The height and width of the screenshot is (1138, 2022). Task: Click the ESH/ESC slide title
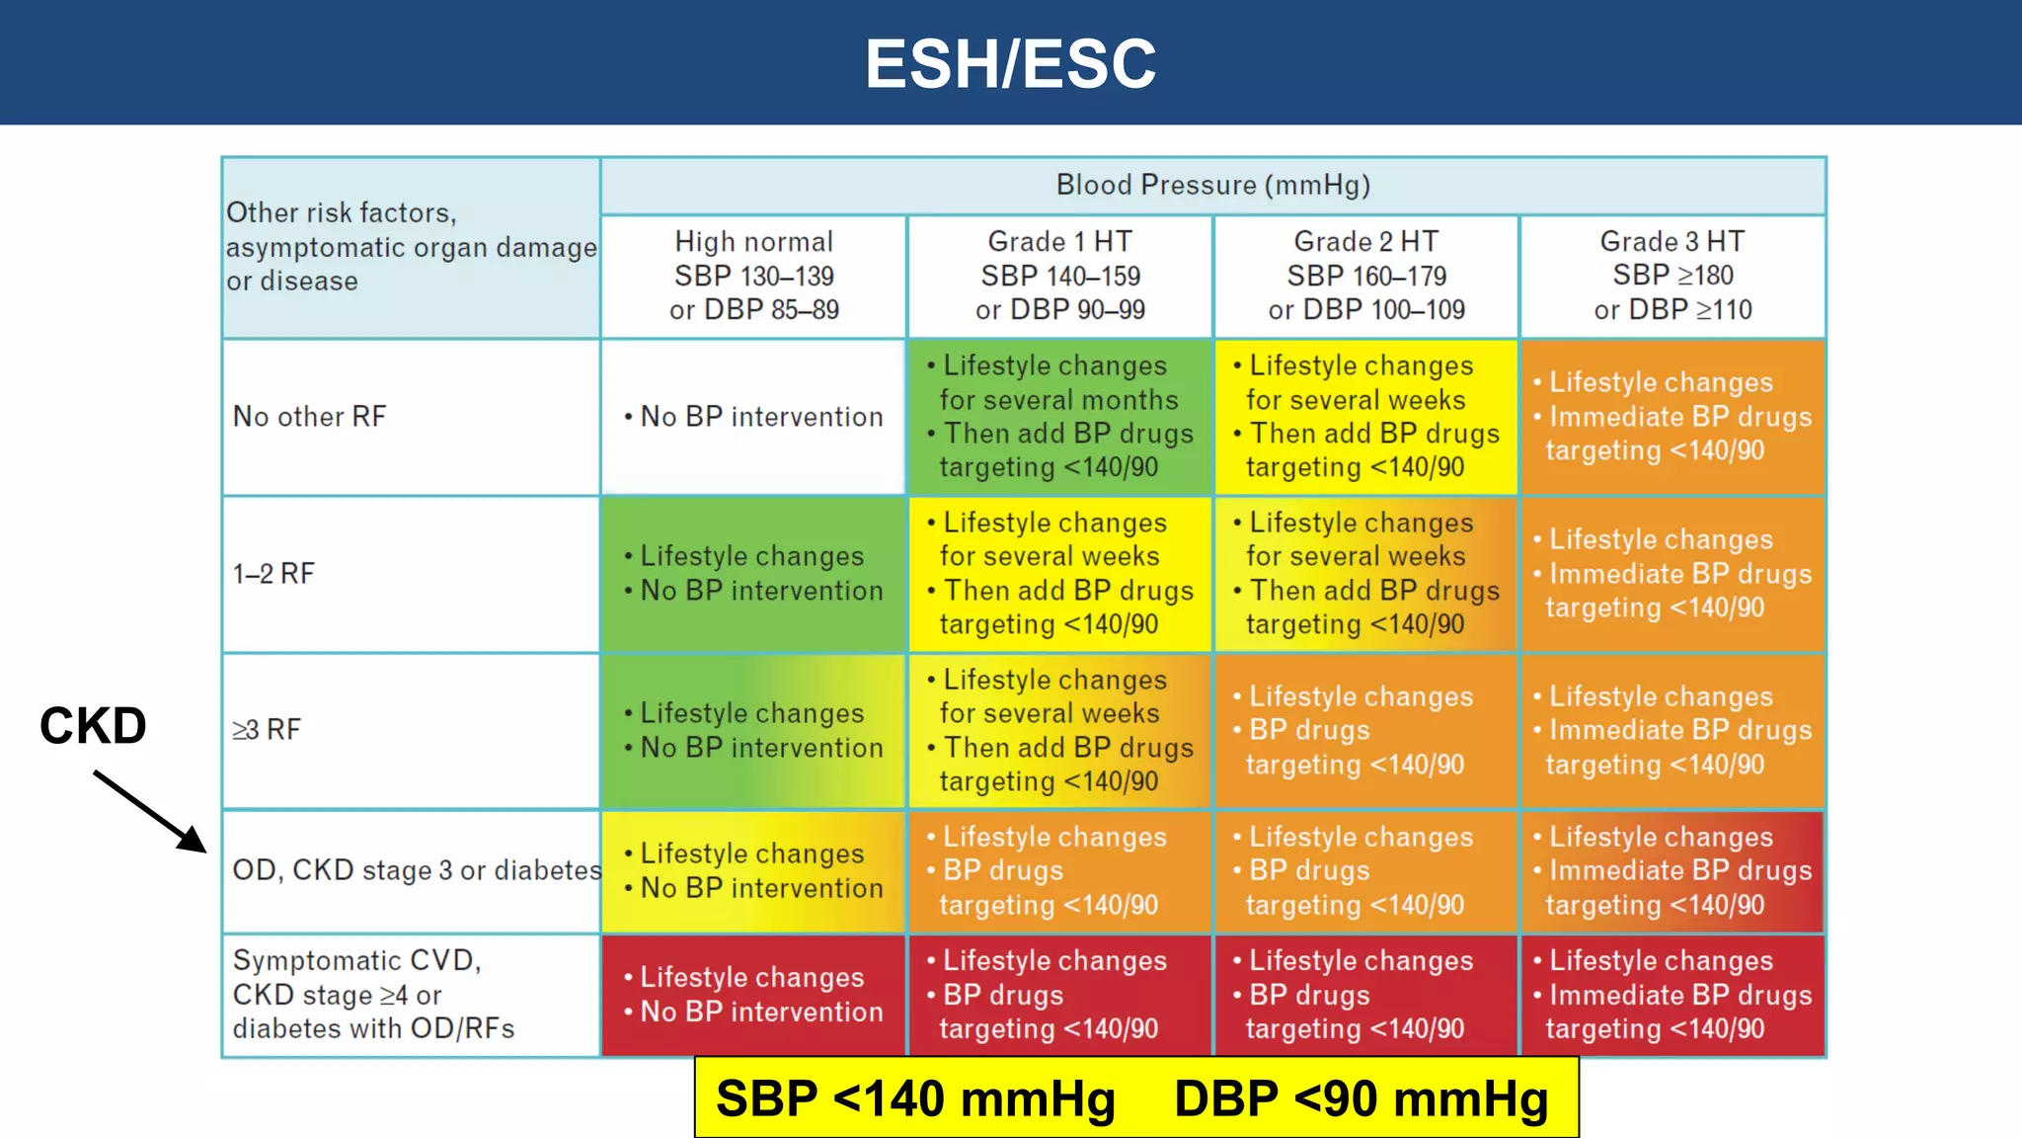tap(1010, 63)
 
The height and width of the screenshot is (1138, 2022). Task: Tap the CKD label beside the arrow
tap(93, 726)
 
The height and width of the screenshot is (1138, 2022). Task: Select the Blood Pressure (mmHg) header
tap(1212, 185)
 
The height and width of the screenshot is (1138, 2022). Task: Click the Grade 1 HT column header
tap(1059, 276)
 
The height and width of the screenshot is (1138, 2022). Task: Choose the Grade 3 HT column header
tap(1672, 276)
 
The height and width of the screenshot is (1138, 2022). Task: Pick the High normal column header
tap(753, 276)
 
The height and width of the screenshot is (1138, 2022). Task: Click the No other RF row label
tap(309, 417)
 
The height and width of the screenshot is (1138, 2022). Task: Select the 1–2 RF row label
tap(273, 574)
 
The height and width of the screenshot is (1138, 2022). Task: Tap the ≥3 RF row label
tap(267, 730)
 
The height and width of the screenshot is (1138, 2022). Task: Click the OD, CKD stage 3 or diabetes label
tap(416, 870)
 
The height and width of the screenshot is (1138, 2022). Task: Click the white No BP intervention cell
tap(753, 417)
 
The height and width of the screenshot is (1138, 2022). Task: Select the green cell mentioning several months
tap(1059, 417)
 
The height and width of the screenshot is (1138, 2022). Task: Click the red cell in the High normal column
tap(753, 995)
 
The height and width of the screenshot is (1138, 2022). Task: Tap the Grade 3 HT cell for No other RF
tap(1672, 417)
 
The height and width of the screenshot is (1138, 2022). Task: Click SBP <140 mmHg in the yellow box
tap(915, 1098)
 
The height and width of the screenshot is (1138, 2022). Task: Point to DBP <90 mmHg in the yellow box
tap(1361, 1098)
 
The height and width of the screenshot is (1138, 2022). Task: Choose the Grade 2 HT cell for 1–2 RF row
tap(1365, 574)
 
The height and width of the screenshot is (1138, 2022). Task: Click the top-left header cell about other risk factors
tap(411, 247)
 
